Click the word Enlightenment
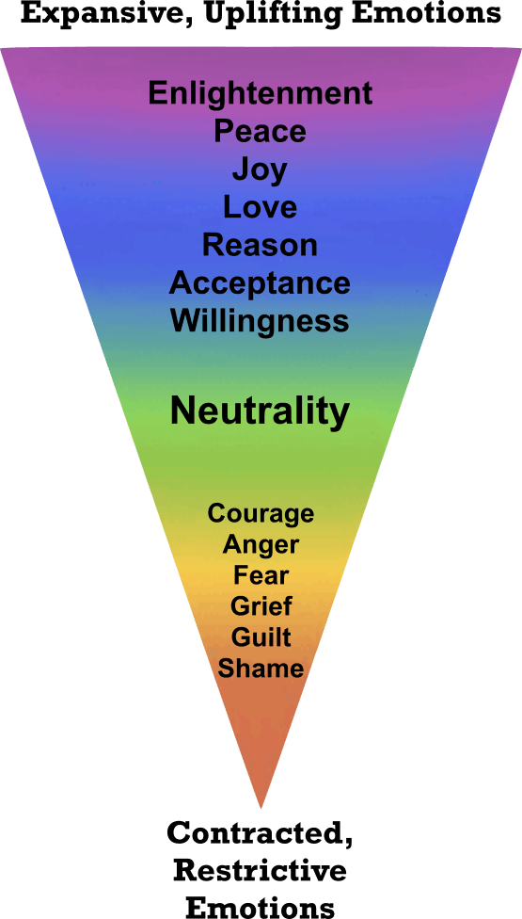click(x=261, y=93)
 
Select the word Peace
click(x=261, y=131)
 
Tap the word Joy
click(x=260, y=170)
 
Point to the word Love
click(x=261, y=207)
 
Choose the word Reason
click(x=261, y=245)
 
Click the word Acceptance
click(x=261, y=282)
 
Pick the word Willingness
click(x=261, y=321)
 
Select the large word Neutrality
click(x=261, y=411)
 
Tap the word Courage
click(x=261, y=513)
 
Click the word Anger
click(x=261, y=544)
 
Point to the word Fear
click(x=261, y=575)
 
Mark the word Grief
click(x=261, y=605)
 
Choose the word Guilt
click(x=261, y=637)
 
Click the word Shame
click(x=261, y=669)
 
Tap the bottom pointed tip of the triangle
click(x=261, y=807)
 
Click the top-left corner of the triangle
click(x=3, y=48)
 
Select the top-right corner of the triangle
click(x=519, y=48)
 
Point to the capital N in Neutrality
click(x=182, y=411)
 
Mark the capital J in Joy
click(x=241, y=169)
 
